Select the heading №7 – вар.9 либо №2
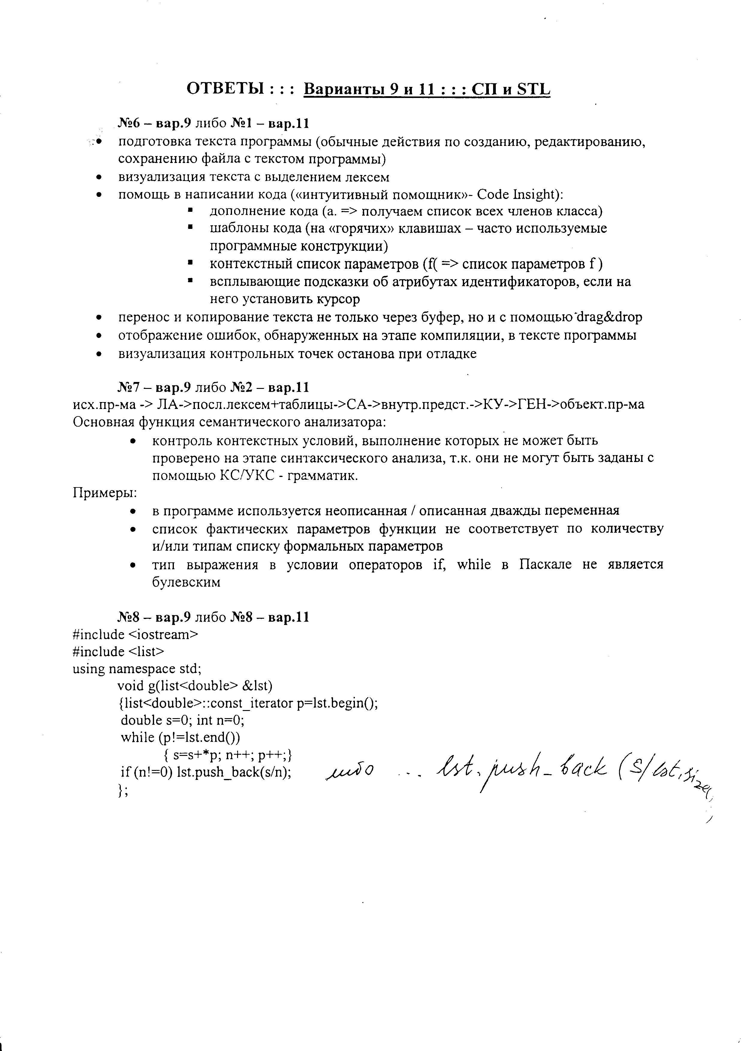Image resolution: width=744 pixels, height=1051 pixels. (213, 387)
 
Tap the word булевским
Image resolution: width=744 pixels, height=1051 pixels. (186, 582)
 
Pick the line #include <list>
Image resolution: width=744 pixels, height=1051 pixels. (118, 651)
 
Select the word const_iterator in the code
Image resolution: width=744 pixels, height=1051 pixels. (253, 703)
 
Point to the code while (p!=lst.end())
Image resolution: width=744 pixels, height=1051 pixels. (180, 737)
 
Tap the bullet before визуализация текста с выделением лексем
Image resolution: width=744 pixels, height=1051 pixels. (99, 178)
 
